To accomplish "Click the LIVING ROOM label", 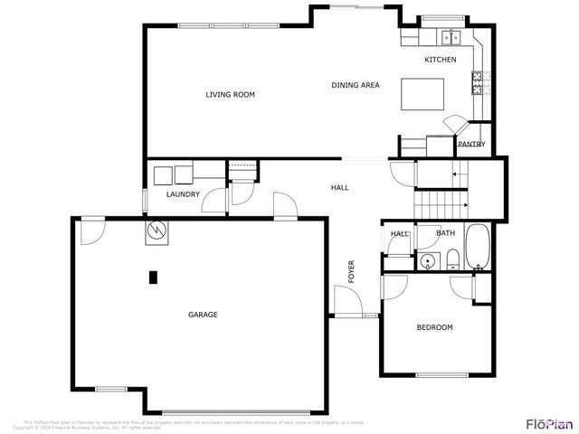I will tap(230, 94).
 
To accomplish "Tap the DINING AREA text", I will tap(355, 85).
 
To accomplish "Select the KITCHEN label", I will tap(441, 60).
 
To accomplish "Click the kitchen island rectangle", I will tap(423, 93).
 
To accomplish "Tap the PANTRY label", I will tap(471, 144).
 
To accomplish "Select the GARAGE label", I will tap(203, 315).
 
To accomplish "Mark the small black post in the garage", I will tap(153, 278).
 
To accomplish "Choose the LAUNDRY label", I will tap(183, 194).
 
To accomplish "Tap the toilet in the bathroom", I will tap(451, 261).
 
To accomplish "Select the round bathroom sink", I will tap(427, 263).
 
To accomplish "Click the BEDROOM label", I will tap(434, 327).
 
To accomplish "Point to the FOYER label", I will tap(351, 270).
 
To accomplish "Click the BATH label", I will tap(445, 233).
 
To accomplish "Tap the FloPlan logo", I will tap(549, 423).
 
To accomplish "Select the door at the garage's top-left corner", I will tap(90, 231).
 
